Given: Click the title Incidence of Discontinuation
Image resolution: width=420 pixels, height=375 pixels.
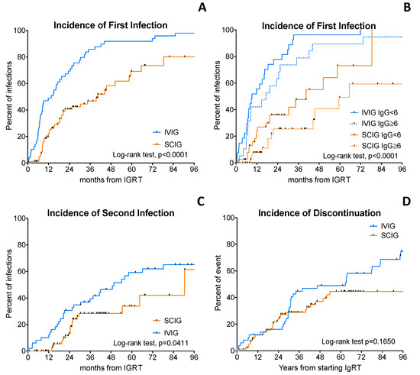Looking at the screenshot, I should pos(315,212).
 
